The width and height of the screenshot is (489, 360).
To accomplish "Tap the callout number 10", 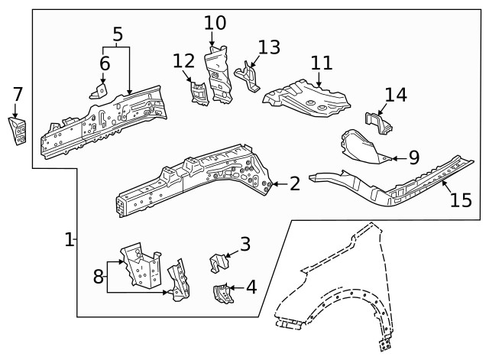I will [x=215, y=23].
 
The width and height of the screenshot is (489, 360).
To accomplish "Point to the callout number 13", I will [x=269, y=47].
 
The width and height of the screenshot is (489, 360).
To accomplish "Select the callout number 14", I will [x=396, y=95].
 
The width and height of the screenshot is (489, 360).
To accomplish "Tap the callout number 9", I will [x=413, y=158].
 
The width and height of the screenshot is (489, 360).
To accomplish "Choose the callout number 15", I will [x=461, y=200].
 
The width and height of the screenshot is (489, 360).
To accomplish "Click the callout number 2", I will [x=294, y=183].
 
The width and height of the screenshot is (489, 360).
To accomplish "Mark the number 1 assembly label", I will [x=69, y=239].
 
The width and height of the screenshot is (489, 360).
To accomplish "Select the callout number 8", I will [x=98, y=276].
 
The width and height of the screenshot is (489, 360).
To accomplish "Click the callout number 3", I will [x=244, y=244].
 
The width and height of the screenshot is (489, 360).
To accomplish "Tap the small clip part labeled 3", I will [x=219, y=262].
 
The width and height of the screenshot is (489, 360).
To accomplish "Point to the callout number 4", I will [x=251, y=287].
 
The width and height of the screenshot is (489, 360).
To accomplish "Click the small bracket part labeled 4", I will [x=222, y=293].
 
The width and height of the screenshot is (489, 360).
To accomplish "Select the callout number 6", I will [x=105, y=63].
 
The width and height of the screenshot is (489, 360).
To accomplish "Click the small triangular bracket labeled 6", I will [x=99, y=91].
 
